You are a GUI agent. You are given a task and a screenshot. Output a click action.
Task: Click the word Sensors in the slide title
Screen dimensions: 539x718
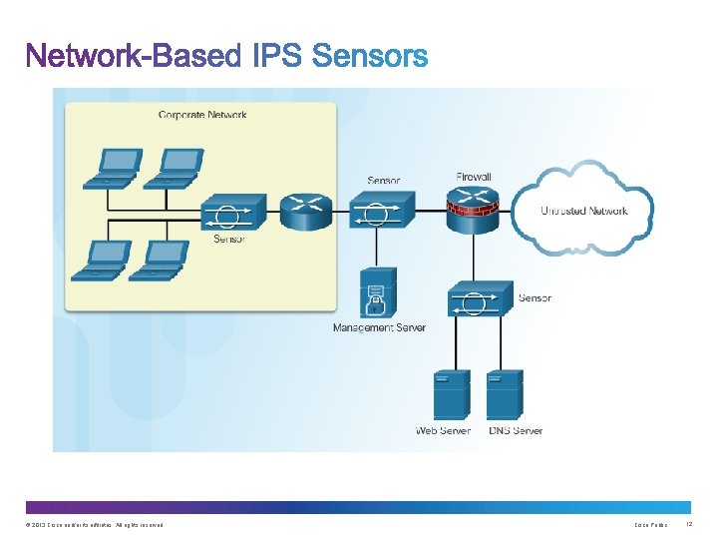pos(370,57)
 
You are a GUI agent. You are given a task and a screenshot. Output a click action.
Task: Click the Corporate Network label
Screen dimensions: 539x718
pos(202,115)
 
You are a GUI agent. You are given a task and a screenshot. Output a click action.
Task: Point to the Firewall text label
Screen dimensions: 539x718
pos(474,177)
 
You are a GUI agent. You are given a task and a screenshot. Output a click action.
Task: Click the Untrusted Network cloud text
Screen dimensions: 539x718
pos(584,211)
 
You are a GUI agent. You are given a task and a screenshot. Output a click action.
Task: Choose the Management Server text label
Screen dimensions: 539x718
pos(379,327)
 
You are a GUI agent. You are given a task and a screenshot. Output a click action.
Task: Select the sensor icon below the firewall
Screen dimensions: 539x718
pos(480,299)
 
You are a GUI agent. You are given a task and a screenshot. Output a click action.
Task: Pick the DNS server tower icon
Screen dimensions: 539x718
pos(505,395)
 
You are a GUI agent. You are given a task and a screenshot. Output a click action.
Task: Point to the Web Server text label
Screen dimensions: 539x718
pos(443,431)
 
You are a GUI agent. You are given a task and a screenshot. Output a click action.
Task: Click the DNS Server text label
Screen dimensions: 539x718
pos(516,431)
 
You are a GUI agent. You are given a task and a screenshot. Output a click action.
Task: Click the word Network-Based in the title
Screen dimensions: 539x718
pos(133,57)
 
